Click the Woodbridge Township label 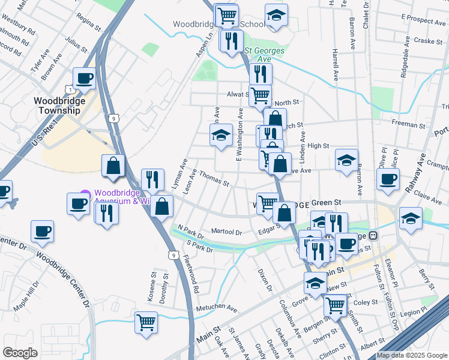pos(59,106)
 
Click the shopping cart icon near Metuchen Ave pos(146,323)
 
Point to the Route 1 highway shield pos(71,90)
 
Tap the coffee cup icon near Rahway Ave pos(388,179)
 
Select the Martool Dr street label pos(226,232)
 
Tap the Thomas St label pos(214,179)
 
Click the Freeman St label pos(408,124)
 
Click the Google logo pos(20,353)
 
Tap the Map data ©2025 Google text pos(411,355)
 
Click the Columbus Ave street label pos(289,318)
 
